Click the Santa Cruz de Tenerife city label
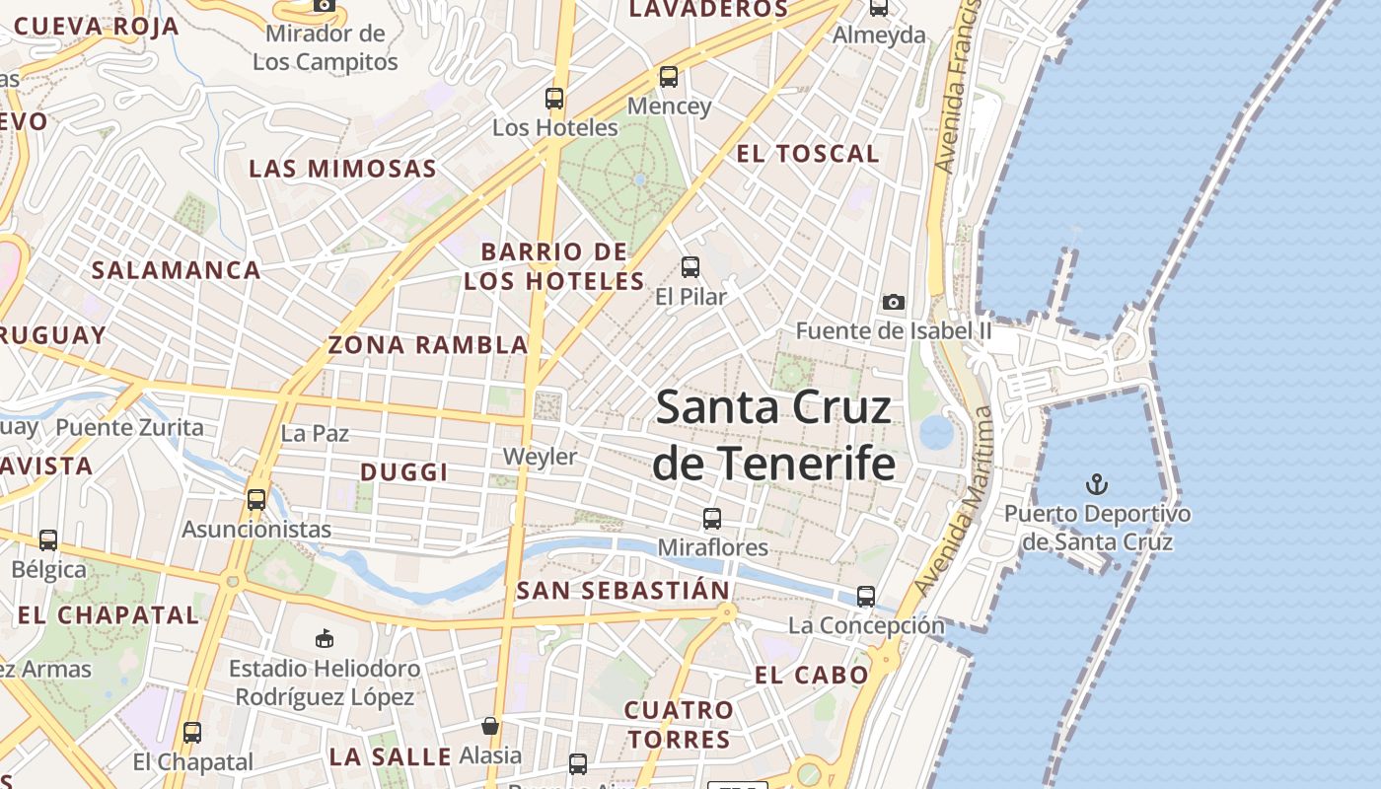[774, 435]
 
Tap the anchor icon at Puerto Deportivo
[1096, 484]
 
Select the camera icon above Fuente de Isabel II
[894, 302]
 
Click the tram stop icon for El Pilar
[690, 266]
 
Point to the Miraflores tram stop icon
[712, 518]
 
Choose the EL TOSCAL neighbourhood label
[808, 154]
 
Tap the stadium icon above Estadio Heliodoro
[325, 639]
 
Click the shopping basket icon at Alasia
[490, 727]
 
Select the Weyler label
[540, 457]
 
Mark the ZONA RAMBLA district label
[428, 345]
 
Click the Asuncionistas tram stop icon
[256, 499]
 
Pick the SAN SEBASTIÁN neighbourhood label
[623, 591]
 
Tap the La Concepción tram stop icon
[866, 597]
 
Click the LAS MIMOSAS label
[342, 169]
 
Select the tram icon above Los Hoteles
[554, 99]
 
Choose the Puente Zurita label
[129, 428]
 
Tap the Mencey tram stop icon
[669, 77]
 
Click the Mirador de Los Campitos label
[325, 48]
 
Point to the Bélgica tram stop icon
[48, 540]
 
